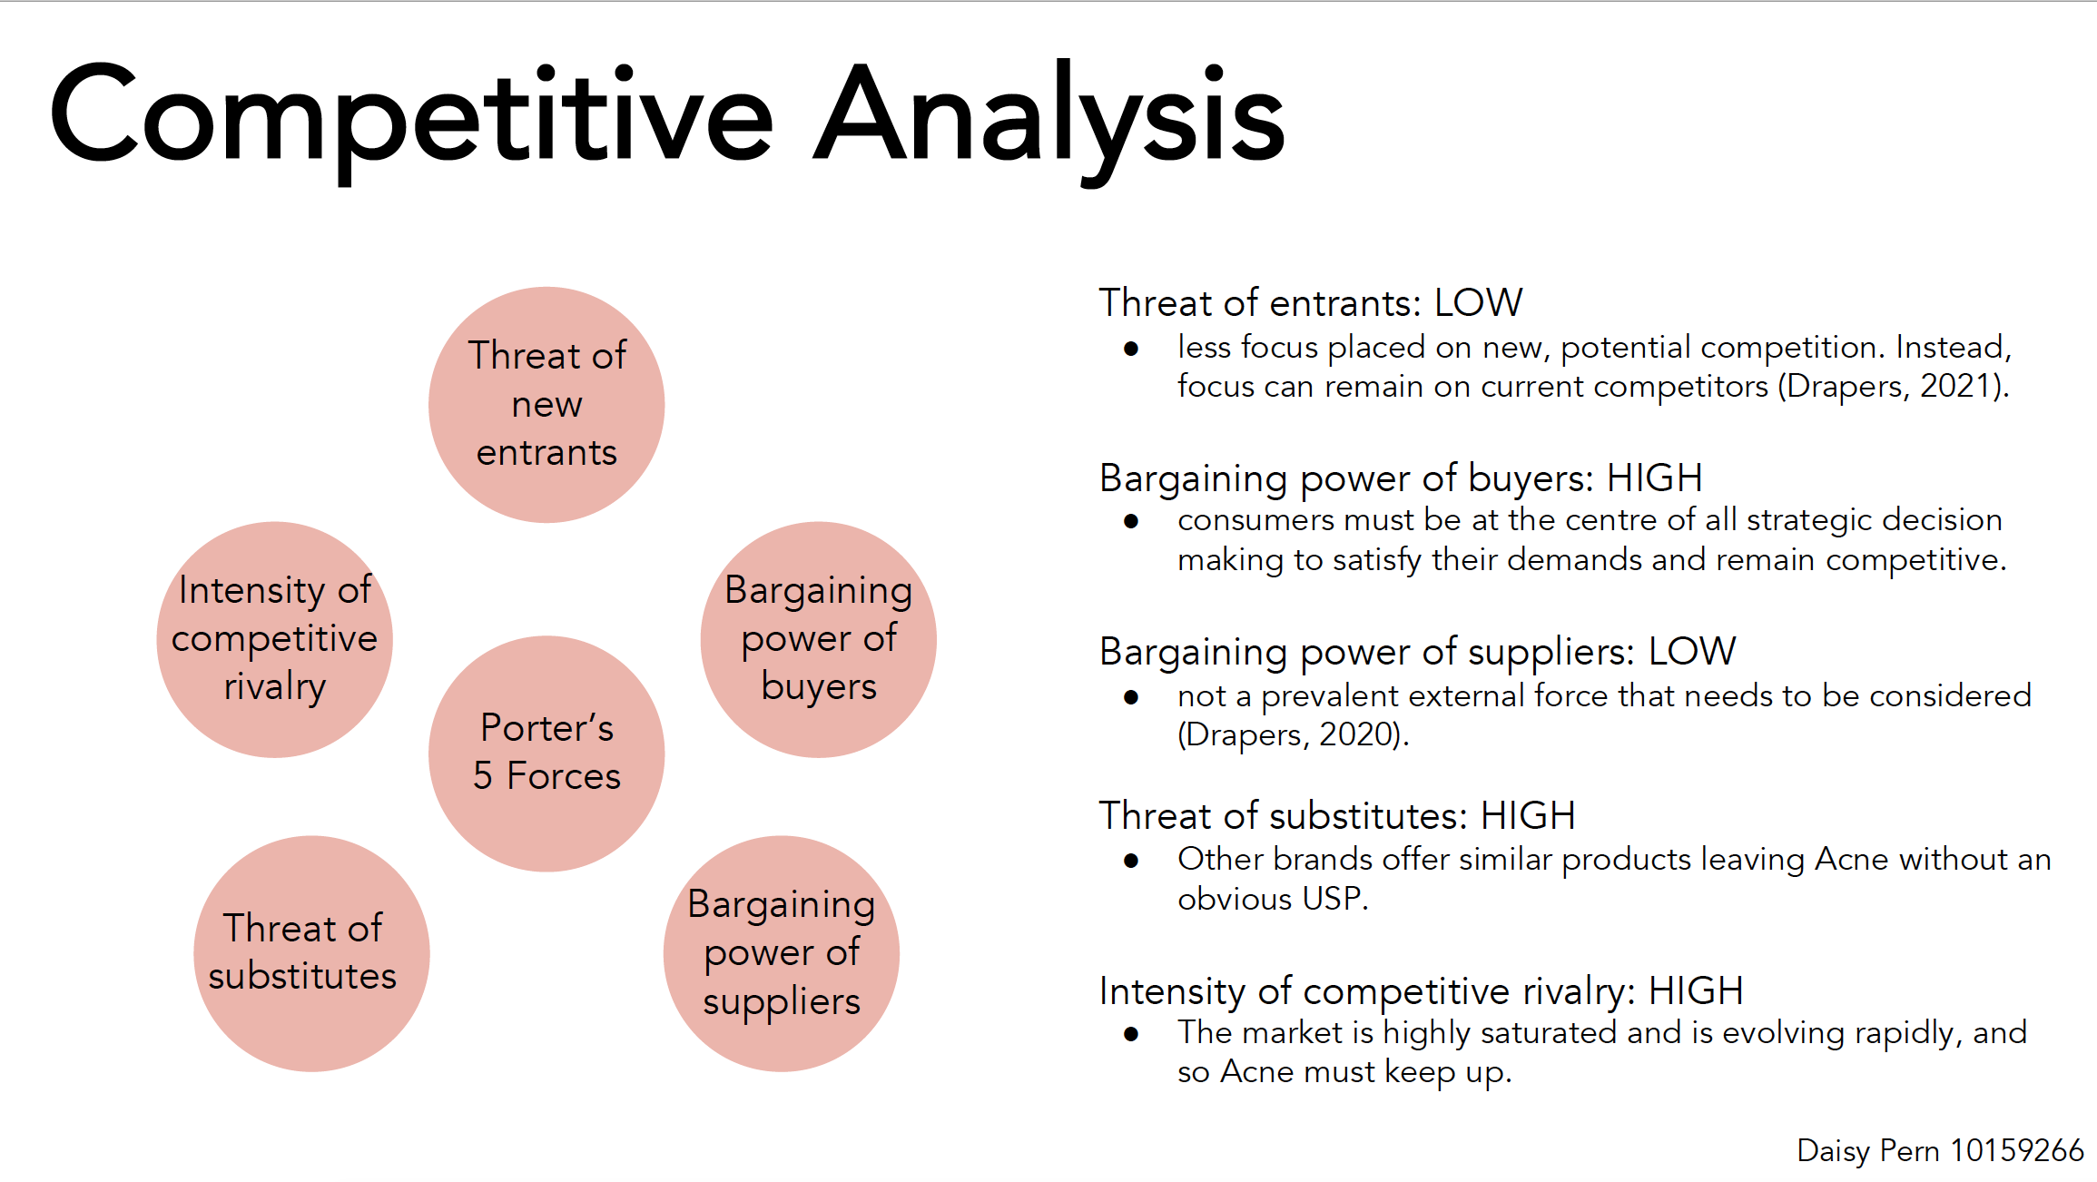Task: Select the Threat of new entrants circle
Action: click(x=546, y=405)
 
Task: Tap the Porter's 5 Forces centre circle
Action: click(x=546, y=754)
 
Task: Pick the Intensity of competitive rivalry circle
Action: click(x=274, y=639)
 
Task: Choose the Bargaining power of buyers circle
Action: click(x=819, y=639)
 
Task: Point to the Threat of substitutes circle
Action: click(x=311, y=953)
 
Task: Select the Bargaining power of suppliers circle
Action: click(x=782, y=953)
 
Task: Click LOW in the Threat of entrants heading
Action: click(x=1478, y=302)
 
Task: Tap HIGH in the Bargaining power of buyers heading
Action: click(x=1654, y=478)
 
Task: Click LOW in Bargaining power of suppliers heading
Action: click(x=1692, y=651)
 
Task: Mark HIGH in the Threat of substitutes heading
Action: click(x=1528, y=815)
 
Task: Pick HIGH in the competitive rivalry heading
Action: click(x=1696, y=990)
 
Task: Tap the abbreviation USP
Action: click(x=1332, y=898)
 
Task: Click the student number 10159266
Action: click(x=2017, y=1150)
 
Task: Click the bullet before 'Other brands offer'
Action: click(x=1131, y=861)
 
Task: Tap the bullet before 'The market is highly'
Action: click(x=1131, y=1034)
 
